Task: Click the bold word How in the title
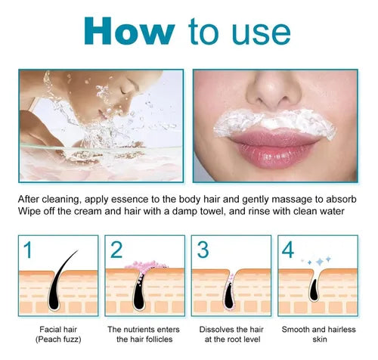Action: [x=129, y=31]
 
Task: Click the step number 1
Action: [x=28, y=250]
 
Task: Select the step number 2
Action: [x=116, y=250]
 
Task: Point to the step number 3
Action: [x=203, y=250]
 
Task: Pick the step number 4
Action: [x=288, y=250]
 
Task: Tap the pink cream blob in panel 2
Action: [x=146, y=265]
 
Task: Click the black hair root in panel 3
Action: [x=229, y=296]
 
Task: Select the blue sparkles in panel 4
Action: [x=317, y=261]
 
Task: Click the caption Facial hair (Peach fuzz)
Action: [x=58, y=334]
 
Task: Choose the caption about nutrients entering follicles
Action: [x=144, y=334]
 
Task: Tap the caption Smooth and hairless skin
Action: [x=319, y=334]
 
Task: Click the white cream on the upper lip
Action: [x=274, y=123]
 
